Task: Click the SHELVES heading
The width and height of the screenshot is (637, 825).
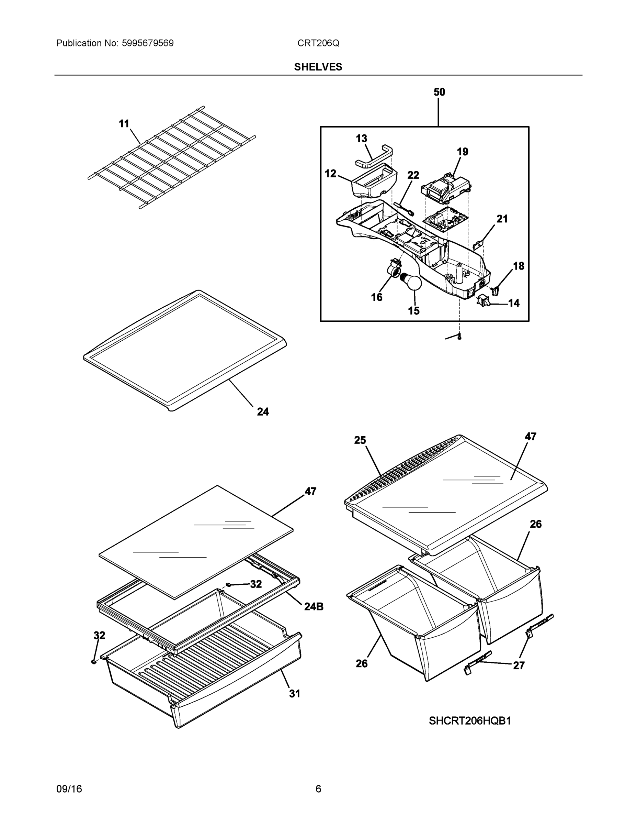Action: [318, 67]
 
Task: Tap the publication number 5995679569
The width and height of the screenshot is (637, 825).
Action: [148, 43]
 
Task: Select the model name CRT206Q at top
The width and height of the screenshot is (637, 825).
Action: [318, 43]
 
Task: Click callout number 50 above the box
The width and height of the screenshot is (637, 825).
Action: [439, 92]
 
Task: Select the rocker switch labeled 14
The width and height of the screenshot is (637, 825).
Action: [484, 300]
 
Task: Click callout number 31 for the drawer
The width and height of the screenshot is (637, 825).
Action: [294, 694]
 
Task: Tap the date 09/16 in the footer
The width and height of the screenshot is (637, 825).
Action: [69, 789]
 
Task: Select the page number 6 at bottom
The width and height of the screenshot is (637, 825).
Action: [318, 789]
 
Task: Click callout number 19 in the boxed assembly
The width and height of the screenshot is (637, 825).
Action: [462, 152]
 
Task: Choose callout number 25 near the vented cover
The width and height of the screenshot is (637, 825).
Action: [360, 440]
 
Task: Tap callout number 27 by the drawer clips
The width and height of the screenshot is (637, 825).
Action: [519, 665]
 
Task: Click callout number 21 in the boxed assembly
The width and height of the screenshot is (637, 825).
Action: [502, 219]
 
